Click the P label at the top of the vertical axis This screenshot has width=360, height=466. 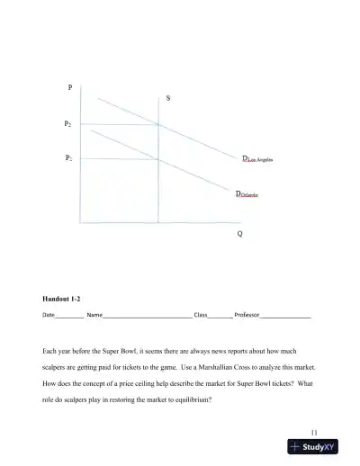(70, 87)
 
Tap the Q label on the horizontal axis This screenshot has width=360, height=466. (239, 234)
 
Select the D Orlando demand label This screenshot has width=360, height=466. (247, 193)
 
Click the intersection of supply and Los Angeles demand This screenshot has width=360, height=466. (158, 124)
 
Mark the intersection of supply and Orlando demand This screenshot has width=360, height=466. (158, 159)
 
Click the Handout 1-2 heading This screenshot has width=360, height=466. (64, 298)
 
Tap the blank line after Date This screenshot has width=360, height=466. (70, 318)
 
